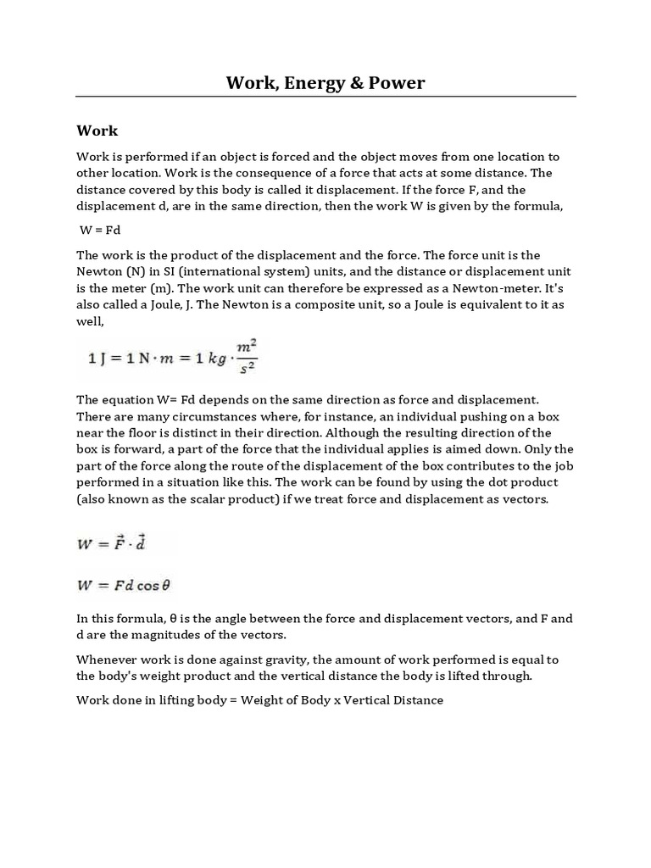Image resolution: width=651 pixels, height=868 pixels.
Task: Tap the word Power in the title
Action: click(393, 82)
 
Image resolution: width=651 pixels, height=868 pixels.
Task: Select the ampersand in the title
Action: click(351, 82)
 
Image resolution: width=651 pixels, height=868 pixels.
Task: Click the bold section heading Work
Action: click(97, 131)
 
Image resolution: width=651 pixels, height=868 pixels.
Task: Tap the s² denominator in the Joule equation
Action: click(248, 368)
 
